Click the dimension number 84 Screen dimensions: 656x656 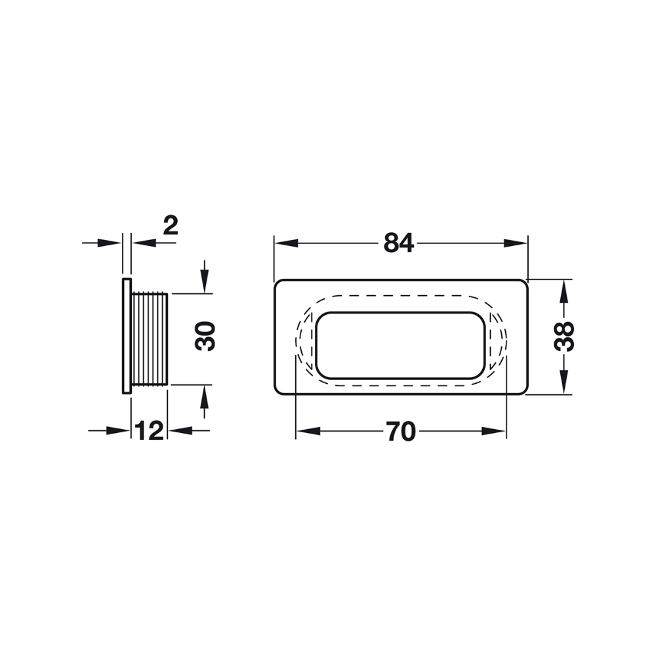[398, 243]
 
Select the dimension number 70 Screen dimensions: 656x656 [401, 432]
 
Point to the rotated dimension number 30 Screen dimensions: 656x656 [205, 336]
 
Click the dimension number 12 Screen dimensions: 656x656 [150, 431]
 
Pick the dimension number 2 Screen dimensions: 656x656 [171, 226]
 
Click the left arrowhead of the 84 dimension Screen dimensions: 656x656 [286, 243]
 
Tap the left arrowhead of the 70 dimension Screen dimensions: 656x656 [308, 432]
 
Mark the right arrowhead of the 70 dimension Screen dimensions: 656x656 [494, 432]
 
